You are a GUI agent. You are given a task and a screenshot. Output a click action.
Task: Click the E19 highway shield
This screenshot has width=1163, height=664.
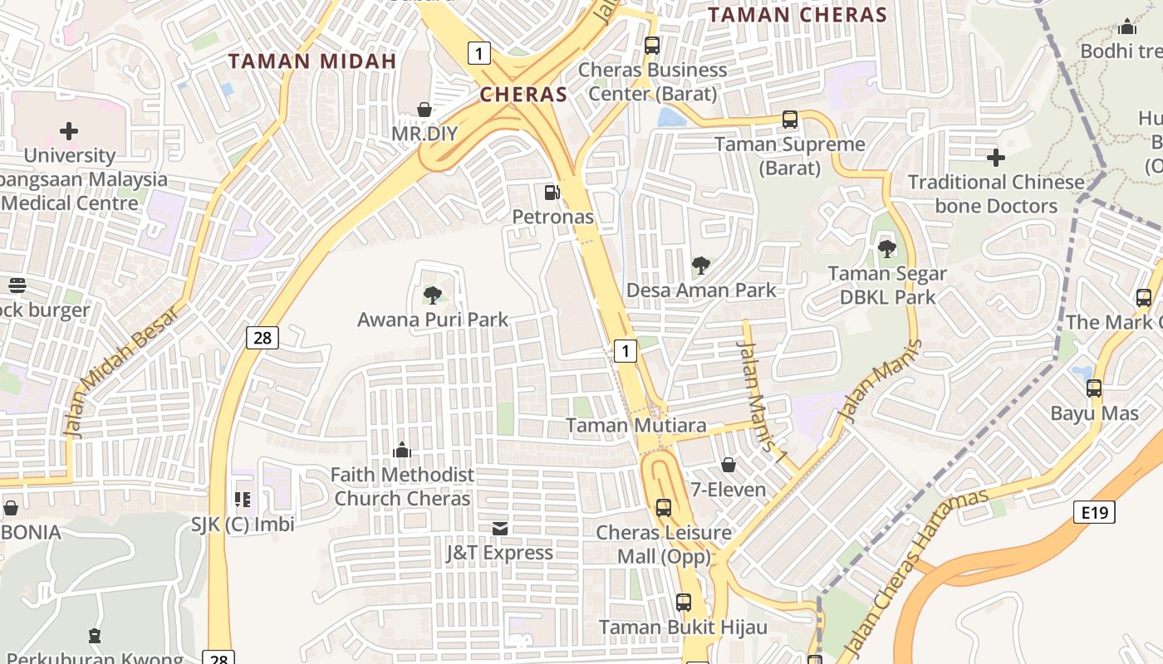(x=1094, y=512)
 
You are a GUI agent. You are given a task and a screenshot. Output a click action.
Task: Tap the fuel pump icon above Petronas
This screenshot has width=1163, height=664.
(x=552, y=193)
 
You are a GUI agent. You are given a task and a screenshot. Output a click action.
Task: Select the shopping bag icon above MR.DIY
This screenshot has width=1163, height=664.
(x=424, y=110)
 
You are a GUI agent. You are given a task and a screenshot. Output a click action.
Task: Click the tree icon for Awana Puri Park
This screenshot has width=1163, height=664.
(x=432, y=295)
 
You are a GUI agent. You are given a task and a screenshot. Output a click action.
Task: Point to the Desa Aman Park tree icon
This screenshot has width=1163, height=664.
(x=701, y=266)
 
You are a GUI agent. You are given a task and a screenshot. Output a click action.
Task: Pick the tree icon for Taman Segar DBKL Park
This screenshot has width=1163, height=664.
(x=887, y=248)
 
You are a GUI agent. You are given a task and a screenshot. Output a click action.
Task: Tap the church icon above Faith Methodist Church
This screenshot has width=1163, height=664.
(x=402, y=451)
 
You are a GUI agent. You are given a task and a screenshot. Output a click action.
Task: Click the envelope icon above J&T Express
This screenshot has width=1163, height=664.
(x=500, y=529)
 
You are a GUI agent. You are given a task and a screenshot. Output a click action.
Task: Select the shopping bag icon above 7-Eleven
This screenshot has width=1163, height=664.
(x=729, y=465)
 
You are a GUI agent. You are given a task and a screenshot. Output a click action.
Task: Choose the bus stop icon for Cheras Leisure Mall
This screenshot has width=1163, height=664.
(x=663, y=508)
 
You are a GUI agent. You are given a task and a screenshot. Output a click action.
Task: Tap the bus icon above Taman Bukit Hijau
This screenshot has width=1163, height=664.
(x=683, y=603)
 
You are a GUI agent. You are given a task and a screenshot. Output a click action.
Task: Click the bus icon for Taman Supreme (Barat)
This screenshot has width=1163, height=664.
(x=789, y=120)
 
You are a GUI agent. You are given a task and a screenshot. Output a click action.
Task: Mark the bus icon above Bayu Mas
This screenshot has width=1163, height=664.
(x=1094, y=388)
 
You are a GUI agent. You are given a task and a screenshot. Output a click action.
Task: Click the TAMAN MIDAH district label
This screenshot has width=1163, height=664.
(x=312, y=61)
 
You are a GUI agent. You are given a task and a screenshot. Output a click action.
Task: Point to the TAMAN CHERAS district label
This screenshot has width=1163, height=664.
(x=797, y=15)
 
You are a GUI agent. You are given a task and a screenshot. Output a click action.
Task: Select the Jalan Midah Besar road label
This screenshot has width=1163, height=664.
(x=122, y=371)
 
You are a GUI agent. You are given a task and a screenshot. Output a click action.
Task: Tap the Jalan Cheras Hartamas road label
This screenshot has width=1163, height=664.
(x=915, y=573)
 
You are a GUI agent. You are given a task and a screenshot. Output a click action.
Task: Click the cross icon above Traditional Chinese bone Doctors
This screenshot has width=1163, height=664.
(x=996, y=157)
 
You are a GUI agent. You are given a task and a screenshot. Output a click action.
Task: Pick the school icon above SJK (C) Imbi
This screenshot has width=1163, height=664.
(x=243, y=500)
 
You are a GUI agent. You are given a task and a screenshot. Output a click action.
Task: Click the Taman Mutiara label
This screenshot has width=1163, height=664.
(x=636, y=426)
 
